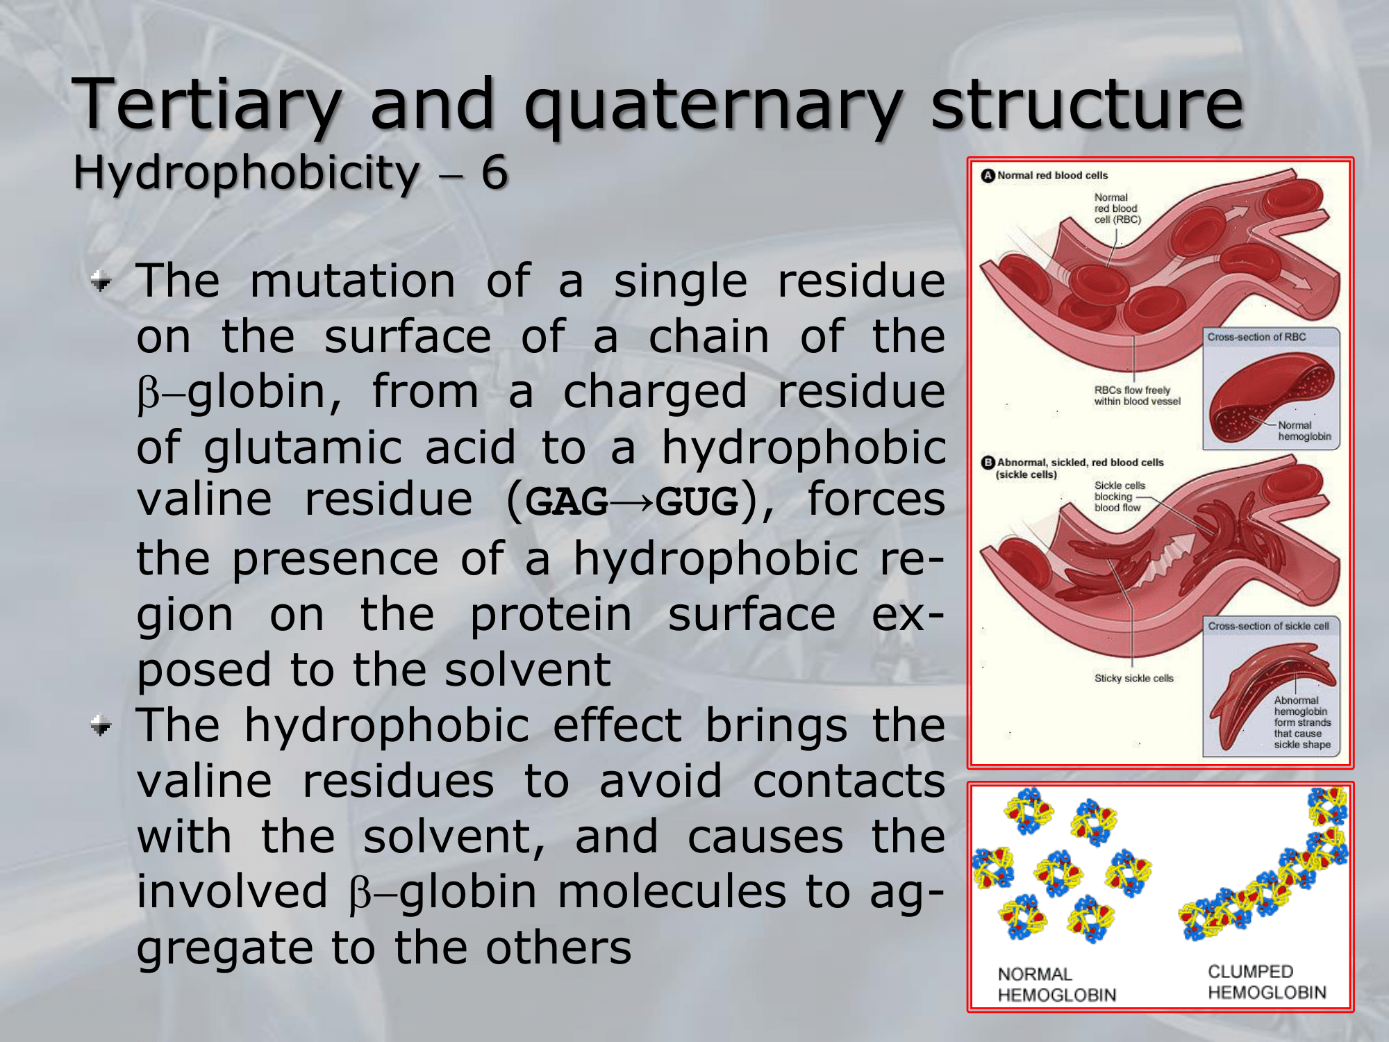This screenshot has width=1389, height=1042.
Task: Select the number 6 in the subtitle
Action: (x=494, y=172)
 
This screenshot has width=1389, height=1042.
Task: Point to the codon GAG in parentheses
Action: (x=567, y=501)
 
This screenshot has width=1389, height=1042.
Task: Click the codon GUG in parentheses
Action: (x=697, y=501)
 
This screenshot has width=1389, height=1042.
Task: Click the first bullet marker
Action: (x=101, y=281)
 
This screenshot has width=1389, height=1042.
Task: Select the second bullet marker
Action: (x=101, y=727)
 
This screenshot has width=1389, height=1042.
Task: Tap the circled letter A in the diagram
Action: (x=988, y=175)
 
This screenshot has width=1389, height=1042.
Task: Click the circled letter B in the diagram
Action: (x=988, y=462)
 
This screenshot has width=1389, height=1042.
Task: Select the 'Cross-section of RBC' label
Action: (x=1256, y=337)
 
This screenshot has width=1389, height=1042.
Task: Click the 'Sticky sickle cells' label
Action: (x=1133, y=678)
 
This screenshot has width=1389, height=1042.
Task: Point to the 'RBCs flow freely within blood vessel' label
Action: (x=1137, y=395)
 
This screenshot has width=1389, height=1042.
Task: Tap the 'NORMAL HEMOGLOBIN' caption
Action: (x=1056, y=984)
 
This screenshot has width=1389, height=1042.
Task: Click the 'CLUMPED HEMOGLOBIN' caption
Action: (x=1267, y=982)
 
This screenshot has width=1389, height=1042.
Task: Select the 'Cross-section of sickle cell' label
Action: (x=1268, y=626)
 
